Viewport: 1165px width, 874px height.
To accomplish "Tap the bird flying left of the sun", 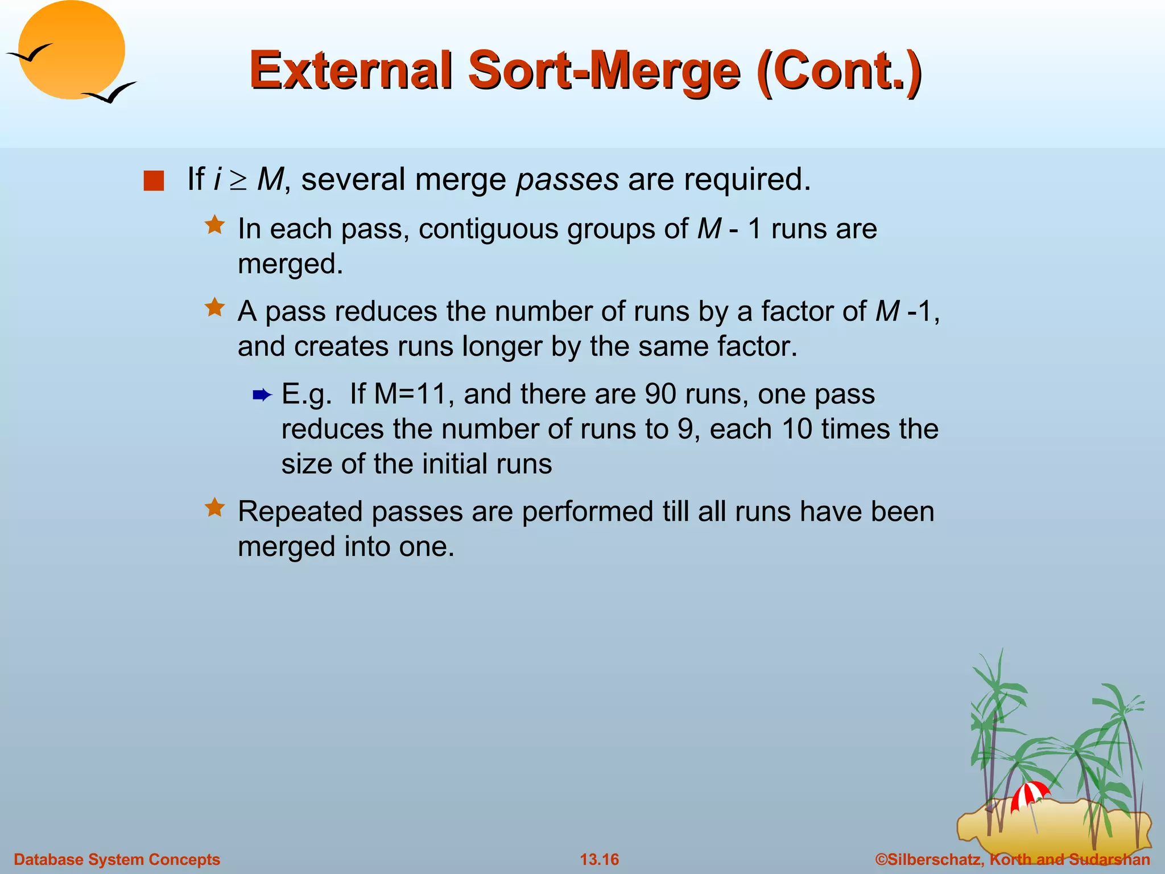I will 30,54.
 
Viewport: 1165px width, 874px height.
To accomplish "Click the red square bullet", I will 154,181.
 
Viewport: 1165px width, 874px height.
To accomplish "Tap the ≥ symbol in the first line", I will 239,180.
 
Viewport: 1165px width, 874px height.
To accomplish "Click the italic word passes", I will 567,180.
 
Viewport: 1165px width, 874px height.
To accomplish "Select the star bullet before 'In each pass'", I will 215,225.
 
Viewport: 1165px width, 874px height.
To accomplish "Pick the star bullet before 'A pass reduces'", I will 215,308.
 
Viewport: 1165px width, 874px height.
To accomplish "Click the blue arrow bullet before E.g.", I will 262,395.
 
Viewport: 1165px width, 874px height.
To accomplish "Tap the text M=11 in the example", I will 410,394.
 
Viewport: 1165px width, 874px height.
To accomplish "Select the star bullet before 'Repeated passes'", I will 215,508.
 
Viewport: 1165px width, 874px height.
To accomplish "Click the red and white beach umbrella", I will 1030,794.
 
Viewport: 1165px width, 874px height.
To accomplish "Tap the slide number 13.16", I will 599,859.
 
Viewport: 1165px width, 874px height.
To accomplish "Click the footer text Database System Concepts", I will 117,859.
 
